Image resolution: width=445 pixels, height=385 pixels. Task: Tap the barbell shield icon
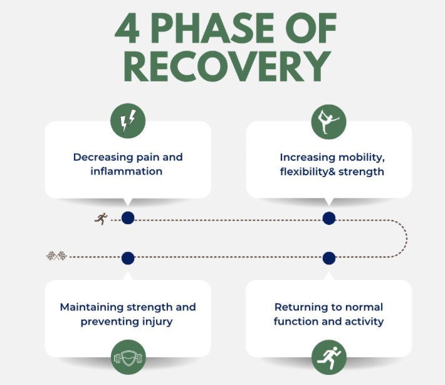[128, 358]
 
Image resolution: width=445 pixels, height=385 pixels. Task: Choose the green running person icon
[329, 358]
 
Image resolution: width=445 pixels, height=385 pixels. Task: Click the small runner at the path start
[101, 219]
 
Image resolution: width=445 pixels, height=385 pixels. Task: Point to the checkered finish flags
[56, 256]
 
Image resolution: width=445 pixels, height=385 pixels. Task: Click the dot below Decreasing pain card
[128, 218]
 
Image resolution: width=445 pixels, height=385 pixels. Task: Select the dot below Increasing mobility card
[329, 218]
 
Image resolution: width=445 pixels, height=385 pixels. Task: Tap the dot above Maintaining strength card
[128, 258]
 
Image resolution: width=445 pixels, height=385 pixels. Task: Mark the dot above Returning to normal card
[329, 258]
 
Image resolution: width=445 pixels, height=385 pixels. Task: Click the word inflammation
[126, 171]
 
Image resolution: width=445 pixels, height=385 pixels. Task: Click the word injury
[157, 322]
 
